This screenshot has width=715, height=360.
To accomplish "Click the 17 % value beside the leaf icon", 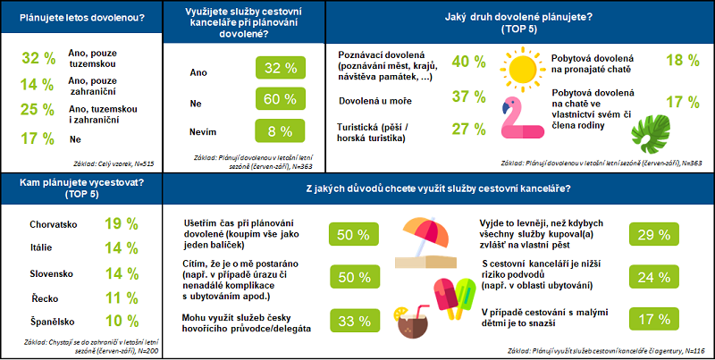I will (x=683, y=101).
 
